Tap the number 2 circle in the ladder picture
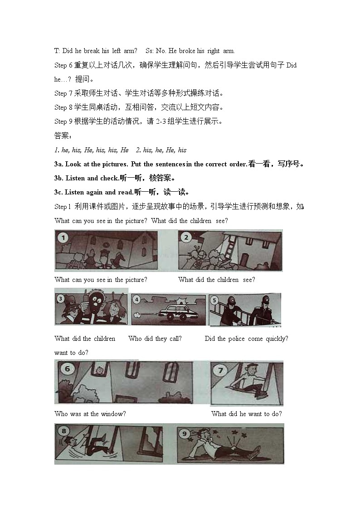(x=185, y=237)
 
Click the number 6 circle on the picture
(x=68, y=369)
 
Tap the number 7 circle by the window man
(x=220, y=370)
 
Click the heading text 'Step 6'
(x=60, y=65)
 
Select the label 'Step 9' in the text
(x=60, y=121)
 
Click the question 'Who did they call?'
(x=155, y=339)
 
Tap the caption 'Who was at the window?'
(x=90, y=413)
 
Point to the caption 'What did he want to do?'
(x=246, y=413)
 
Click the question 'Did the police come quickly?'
(x=246, y=339)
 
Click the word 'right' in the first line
(x=213, y=51)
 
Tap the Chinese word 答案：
(x=63, y=136)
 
